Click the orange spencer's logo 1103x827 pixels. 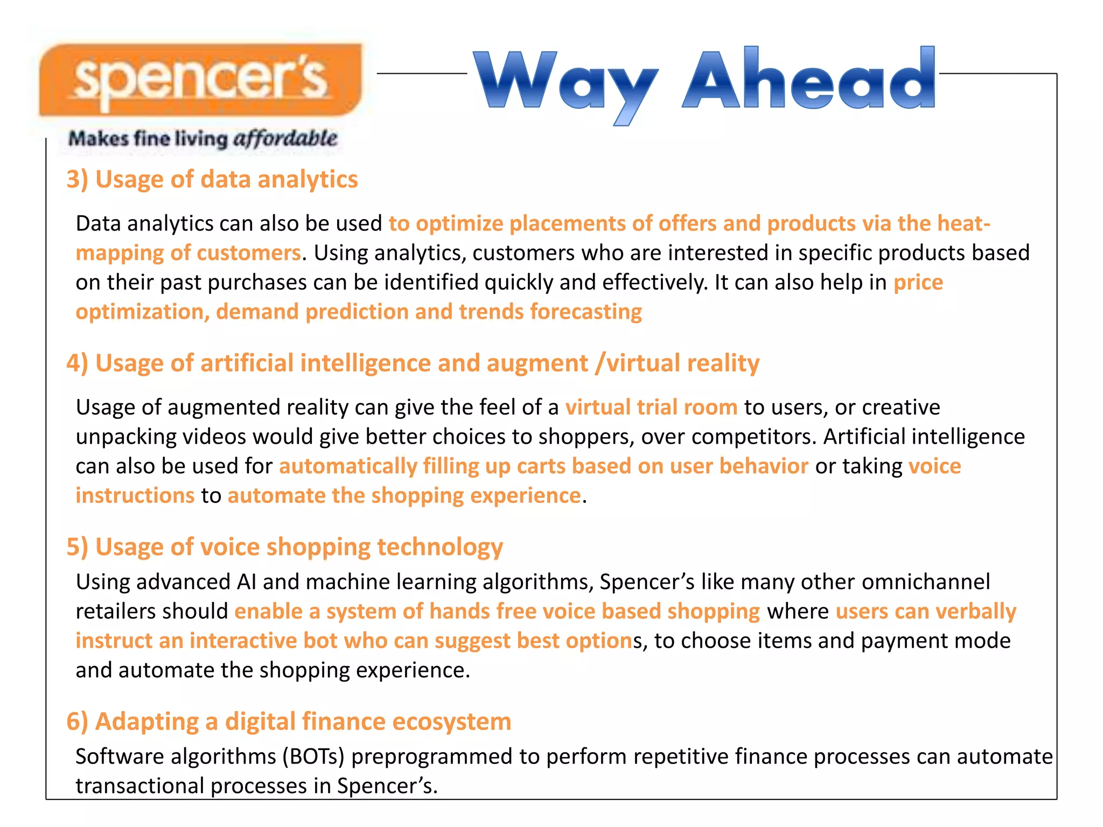click(x=200, y=80)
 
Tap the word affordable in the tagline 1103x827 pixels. click(x=285, y=139)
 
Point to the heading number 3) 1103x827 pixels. click(x=77, y=179)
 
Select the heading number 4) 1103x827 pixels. click(x=77, y=363)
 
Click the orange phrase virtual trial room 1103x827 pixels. click(x=651, y=407)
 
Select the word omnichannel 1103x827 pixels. click(x=926, y=582)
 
